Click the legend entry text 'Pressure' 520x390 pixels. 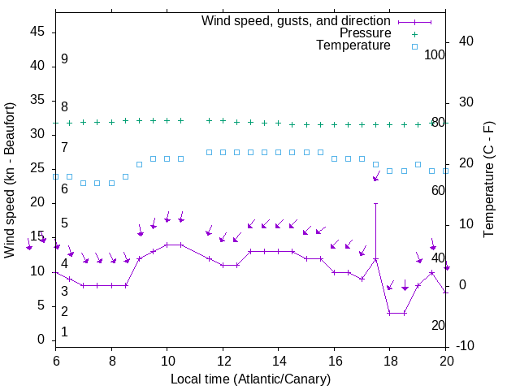(365, 33)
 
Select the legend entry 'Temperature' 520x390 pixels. (353, 45)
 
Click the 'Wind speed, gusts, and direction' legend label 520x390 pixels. (297, 20)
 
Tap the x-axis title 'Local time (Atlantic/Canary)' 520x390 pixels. (251, 379)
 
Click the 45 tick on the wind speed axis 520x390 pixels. (38, 31)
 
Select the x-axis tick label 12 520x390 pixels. (223, 360)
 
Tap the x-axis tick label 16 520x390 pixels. (334, 360)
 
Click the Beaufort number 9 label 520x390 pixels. (64, 59)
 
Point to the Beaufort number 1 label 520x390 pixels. (64, 332)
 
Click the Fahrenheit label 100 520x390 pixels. (435, 54)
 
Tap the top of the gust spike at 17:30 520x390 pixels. (375, 203)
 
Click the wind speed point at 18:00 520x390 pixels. (390, 313)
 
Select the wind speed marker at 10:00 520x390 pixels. (167, 245)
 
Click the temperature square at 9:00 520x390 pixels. (139, 164)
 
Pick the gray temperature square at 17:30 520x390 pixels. (375, 164)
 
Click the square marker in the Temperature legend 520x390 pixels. (414, 46)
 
